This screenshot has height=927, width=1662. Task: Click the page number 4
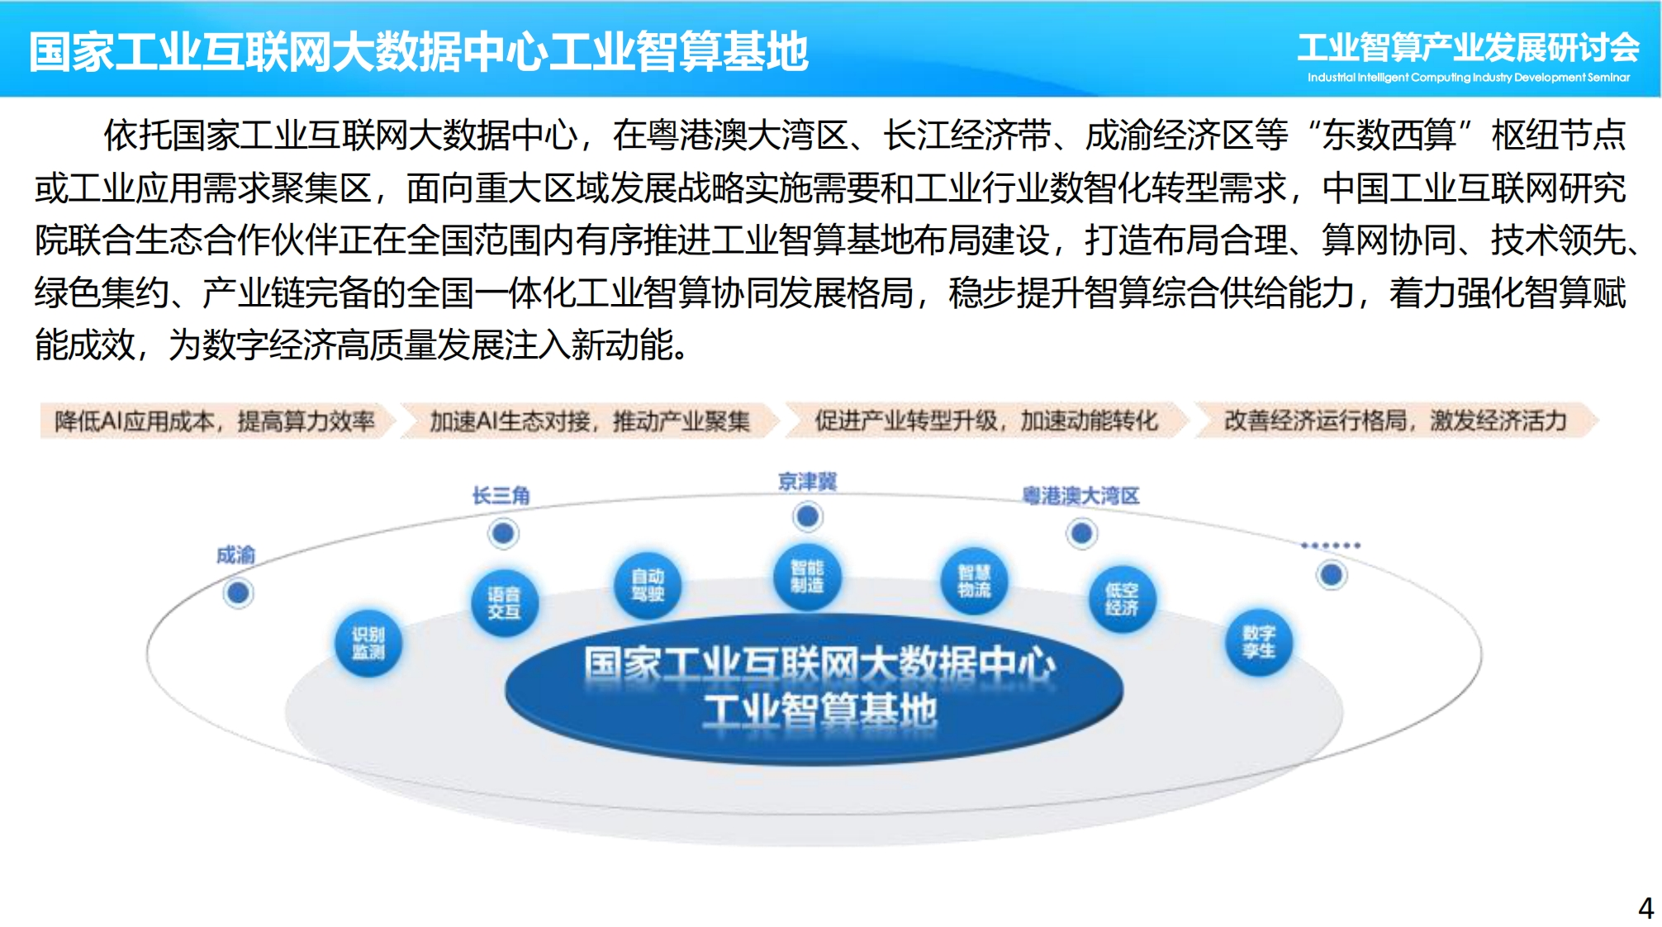[1645, 908]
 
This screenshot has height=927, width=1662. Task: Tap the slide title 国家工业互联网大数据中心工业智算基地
[419, 52]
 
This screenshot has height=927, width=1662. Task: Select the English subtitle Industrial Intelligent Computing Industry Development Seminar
[1469, 78]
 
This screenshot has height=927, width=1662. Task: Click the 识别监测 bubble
[368, 643]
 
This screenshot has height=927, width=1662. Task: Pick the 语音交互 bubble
[504, 602]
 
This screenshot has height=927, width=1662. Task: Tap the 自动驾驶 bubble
[648, 584]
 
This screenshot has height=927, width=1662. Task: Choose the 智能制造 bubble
[807, 576]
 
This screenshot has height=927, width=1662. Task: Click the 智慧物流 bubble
[974, 581]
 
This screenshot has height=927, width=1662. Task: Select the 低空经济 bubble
[1121, 599]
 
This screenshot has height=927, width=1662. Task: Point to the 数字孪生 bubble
[1259, 642]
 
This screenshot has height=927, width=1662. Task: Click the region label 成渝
[236, 555]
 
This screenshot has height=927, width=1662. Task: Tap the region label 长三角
[501, 496]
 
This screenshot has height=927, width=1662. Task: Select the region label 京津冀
[808, 482]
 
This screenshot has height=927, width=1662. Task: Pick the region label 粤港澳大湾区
[1081, 496]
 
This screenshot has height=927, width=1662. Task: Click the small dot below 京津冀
[808, 517]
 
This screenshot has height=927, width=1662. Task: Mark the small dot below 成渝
[239, 593]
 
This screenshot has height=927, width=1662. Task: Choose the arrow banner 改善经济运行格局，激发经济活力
[1396, 421]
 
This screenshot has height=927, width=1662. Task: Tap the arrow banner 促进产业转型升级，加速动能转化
[987, 421]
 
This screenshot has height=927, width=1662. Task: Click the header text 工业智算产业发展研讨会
[1469, 48]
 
